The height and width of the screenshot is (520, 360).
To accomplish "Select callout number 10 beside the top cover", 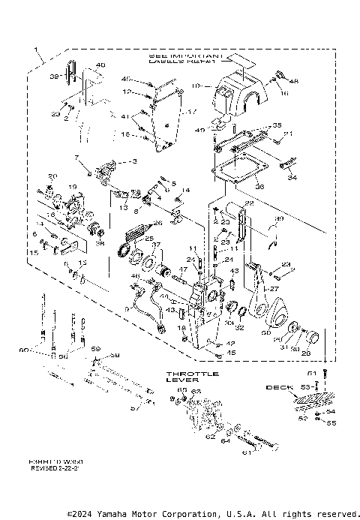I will click(x=196, y=86).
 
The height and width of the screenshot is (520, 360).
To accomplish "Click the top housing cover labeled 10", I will click(x=239, y=95).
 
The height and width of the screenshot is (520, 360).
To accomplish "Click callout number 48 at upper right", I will click(x=294, y=80).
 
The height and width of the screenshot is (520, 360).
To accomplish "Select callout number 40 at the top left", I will click(x=100, y=65).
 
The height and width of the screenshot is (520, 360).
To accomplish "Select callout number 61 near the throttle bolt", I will click(x=246, y=452).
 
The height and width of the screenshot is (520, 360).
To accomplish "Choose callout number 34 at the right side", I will click(x=292, y=178).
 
